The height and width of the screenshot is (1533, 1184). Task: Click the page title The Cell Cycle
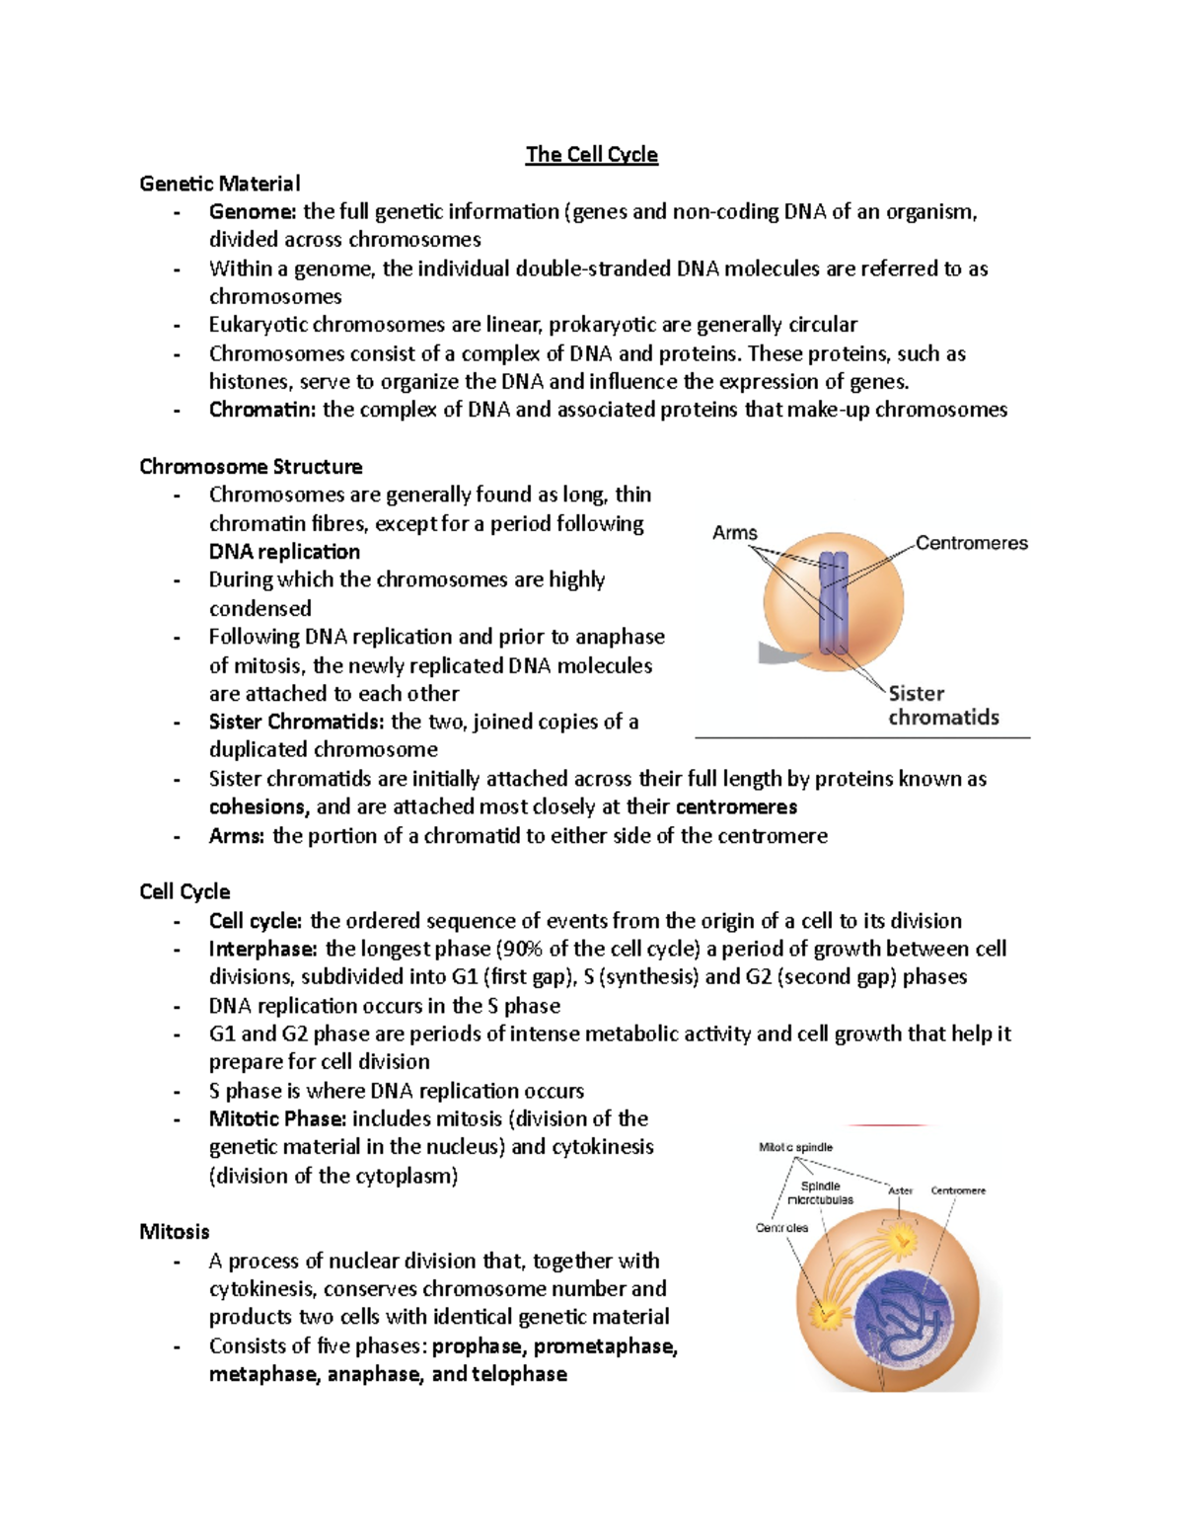591,155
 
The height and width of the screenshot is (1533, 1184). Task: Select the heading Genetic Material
219,184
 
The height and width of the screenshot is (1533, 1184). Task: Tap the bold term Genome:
252,212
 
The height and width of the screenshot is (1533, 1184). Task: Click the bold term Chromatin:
262,410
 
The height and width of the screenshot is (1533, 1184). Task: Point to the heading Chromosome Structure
251,467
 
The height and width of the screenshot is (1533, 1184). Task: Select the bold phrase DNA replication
284,552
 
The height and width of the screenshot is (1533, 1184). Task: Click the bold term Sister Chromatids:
297,722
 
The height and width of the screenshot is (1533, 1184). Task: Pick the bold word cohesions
259,807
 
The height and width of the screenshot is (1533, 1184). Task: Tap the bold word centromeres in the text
736,807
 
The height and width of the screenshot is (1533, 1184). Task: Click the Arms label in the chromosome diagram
735,533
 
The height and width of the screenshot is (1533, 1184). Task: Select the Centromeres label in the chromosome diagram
971,543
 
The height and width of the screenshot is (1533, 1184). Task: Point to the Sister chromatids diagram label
942,706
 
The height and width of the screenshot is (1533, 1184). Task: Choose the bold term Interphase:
262,950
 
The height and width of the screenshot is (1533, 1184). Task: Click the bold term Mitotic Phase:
277,1119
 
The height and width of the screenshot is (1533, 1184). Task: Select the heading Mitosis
175,1232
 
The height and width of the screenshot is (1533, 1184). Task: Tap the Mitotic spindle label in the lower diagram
795,1147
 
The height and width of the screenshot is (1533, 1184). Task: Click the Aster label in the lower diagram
900,1190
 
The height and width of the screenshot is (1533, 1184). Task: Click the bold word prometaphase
605,1346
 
